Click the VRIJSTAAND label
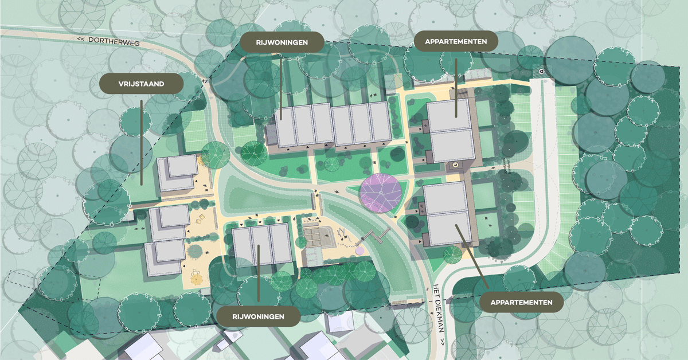[x=142, y=84]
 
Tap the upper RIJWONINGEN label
[x=282, y=42]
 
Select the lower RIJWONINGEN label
[x=259, y=316]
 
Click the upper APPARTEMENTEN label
[x=456, y=41]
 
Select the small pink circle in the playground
[x=359, y=250]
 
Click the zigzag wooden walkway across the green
[x=378, y=234]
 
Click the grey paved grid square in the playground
[x=316, y=235]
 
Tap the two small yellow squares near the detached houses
[x=204, y=221]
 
